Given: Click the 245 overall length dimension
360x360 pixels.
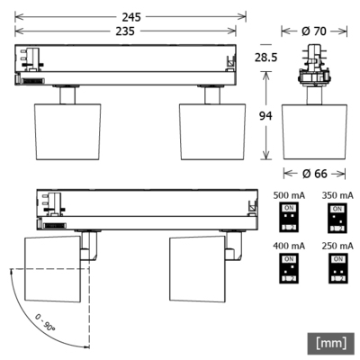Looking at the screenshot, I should pyautogui.click(x=131, y=15).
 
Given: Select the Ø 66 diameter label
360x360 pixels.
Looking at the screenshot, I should pyautogui.click(x=310, y=172).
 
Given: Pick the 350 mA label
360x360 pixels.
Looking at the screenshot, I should pyautogui.click(x=337, y=194).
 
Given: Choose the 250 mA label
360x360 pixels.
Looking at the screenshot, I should pyautogui.click(x=337, y=246).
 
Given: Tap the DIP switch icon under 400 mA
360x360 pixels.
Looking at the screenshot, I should pyautogui.click(x=290, y=268).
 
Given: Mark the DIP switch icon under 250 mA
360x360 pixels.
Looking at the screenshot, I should pyautogui.click(x=337, y=268).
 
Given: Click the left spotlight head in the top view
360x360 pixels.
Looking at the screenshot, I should pyautogui.click(x=66, y=130).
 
